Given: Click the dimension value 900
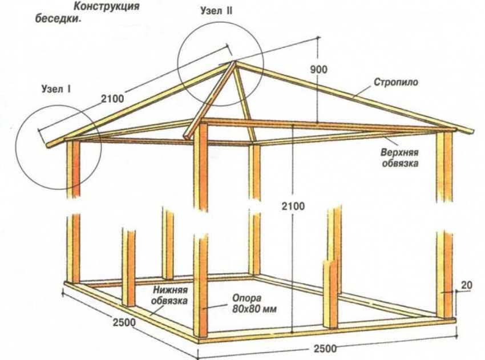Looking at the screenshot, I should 320,70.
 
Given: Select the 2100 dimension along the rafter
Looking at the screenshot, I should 112,99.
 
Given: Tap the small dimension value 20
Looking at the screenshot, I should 467,285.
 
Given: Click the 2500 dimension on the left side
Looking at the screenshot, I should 124,322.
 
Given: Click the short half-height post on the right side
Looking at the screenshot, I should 330,294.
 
